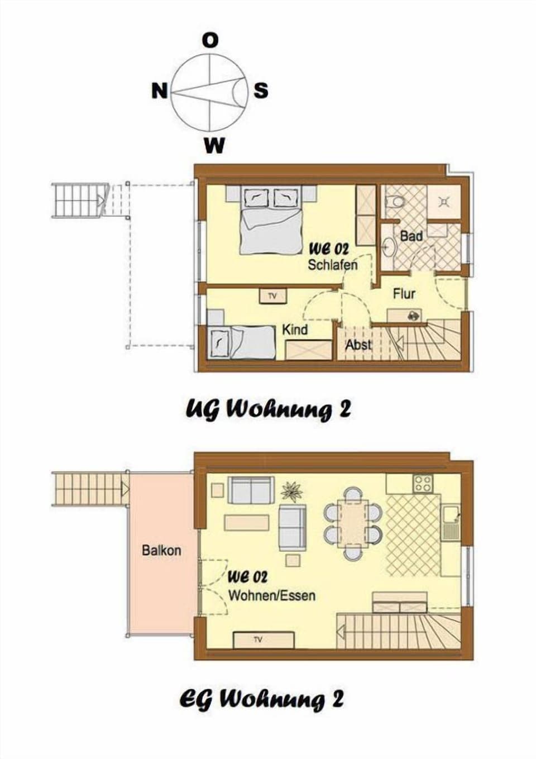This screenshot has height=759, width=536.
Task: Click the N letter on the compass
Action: pyautogui.click(x=160, y=90)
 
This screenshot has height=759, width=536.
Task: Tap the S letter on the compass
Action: pyautogui.click(x=261, y=90)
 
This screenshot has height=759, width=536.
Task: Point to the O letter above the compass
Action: pyautogui.click(x=210, y=40)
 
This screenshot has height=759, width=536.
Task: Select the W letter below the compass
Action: pyautogui.click(x=214, y=146)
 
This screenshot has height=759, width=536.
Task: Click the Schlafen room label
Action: pyautogui.click(x=333, y=264)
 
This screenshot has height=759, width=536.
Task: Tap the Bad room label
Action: pyautogui.click(x=411, y=236)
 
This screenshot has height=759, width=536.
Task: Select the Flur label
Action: pyautogui.click(x=404, y=293)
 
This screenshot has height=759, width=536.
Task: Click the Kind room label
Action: pyautogui.click(x=295, y=330)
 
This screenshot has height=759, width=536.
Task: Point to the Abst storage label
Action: pyautogui.click(x=358, y=345)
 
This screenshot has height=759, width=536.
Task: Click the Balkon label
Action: pyautogui.click(x=161, y=550)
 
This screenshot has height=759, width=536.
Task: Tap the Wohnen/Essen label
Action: pyautogui.click(x=272, y=595)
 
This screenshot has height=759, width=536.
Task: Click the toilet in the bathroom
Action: pyautogui.click(x=398, y=200)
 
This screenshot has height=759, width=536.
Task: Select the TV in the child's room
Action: pyautogui.click(x=272, y=296)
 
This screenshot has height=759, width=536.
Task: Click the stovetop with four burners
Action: pyautogui.click(x=422, y=483)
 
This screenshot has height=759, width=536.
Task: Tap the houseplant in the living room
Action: pyautogui.click(x=291, y=491)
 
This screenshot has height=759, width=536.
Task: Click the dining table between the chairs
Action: pyautogui.click(x=353, y=523)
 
